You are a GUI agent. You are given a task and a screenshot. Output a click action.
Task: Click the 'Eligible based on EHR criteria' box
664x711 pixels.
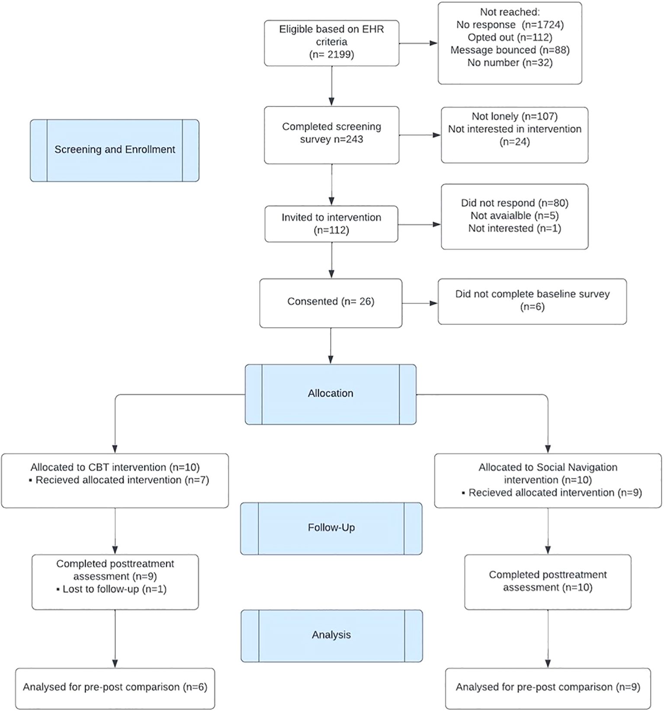[x=331, y=43]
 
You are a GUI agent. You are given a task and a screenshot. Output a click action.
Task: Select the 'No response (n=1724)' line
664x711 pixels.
[x=510, y=25]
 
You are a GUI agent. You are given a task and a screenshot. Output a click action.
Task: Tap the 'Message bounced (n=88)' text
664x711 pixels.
[x=510, y=50]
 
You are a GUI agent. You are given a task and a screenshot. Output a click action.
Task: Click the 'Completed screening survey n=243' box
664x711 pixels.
[x=331, y=135]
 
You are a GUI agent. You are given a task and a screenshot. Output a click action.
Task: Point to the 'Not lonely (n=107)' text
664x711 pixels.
[x=514, y=116]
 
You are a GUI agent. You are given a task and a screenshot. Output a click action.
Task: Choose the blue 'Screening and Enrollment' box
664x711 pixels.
[x=115, y=150]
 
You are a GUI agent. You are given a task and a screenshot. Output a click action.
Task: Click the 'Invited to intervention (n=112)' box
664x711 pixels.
[x=331, y=224]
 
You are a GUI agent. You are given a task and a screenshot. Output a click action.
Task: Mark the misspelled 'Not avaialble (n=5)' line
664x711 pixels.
[x=514, y=216]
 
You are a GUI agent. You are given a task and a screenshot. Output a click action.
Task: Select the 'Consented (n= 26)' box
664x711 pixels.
[x=331, y=303]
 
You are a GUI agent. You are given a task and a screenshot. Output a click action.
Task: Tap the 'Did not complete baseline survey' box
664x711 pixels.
[x=532, y=301]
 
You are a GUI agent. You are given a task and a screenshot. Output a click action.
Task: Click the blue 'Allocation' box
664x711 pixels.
[x=330, y=394]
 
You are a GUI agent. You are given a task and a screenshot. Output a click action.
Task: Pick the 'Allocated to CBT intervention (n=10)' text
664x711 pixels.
[x=115, y=467]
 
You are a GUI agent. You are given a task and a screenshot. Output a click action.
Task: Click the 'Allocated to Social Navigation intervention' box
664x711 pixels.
[x=548, y=481]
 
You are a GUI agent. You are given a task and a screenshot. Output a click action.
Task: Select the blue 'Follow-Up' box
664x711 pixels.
[x=331, y=528]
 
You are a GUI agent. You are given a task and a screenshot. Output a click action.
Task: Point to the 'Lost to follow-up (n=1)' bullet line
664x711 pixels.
[x=112, y=589]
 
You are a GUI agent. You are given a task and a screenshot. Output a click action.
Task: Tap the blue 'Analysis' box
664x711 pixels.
[x=331, y=636]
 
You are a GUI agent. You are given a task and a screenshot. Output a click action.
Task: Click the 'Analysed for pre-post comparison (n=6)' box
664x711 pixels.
[x=115, y=688]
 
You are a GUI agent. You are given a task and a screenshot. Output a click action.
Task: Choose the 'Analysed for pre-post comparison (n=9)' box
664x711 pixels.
[x=548, y=688]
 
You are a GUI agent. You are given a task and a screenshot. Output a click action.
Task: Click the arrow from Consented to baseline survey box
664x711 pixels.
[x=420, y=303]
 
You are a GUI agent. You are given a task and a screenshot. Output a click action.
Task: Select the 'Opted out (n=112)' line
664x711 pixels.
[x=510, y=37]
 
